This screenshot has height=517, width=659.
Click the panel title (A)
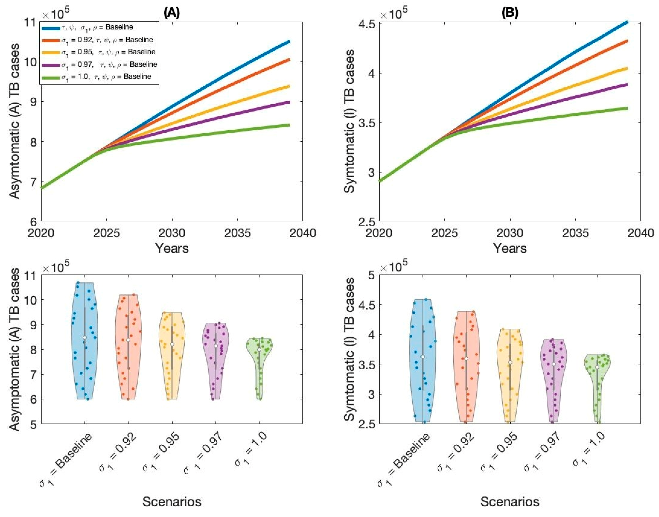coord(172,13)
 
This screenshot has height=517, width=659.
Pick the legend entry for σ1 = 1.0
coord(106,77)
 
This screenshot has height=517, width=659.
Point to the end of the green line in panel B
coord(627,108)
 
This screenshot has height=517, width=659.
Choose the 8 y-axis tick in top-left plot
coord(33,142)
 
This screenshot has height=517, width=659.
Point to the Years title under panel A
coord(172,248)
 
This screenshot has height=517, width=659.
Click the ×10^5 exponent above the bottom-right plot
coord(394,266)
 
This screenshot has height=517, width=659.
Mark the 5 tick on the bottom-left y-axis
coord(33,424)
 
